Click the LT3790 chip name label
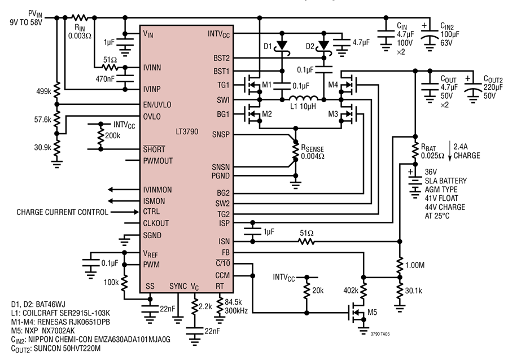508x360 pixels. pyautogui.click(x=187, y=132)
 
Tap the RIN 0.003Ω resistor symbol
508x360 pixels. pyautogui.click(x=80, y=18)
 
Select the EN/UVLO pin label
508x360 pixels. pyautogui.click(x=157, y=105)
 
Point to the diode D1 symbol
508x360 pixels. pyautogui.click(x=282, y=45)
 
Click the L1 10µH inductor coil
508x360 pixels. pyautogui.click(x=303, y=98)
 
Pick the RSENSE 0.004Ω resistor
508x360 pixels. pyautogui.click(x=295, y=150)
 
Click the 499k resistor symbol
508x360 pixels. pyautogui.click(x=56, y=90)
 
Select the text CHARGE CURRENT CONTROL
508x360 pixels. pyautogui.click(x=62, y=212)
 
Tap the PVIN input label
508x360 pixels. pyautogui.click(x=35, y=14)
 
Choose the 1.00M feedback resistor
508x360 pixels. pyautogui.click(x=400, y=265)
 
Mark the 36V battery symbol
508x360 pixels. pyautogui.click(x=414, y=185)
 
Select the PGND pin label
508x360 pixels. pyautogui.click(x=220, y=176)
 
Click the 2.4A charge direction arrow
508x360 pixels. pyautogui.click(x=450, y=151)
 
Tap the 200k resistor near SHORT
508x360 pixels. pyautogui.click(x=100, y=136)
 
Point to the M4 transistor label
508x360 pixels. pyautogui.click(x=333, y=85)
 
